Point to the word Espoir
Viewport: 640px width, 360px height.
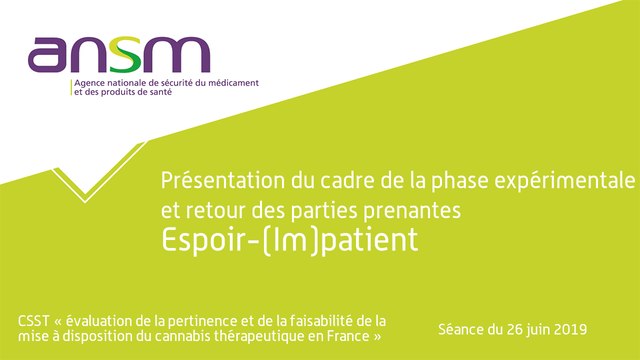click(x=200, y=240)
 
